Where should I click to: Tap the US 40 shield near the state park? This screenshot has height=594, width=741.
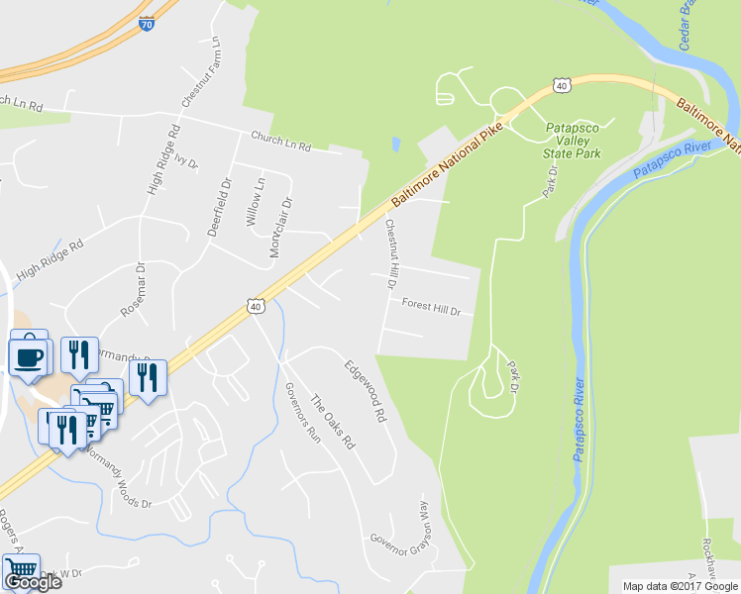point(563,87)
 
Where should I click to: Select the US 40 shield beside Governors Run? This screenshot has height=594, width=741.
point(255,307)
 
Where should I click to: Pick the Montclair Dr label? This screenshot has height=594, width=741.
point(282,227)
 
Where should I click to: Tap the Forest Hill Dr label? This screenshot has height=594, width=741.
point(432,308)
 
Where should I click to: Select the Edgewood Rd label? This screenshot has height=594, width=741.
point(364,392)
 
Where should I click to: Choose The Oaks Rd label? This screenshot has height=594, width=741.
point(332,423)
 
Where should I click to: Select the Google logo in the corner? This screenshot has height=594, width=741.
point(32,581)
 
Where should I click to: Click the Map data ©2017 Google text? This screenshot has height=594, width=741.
point(679,586)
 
